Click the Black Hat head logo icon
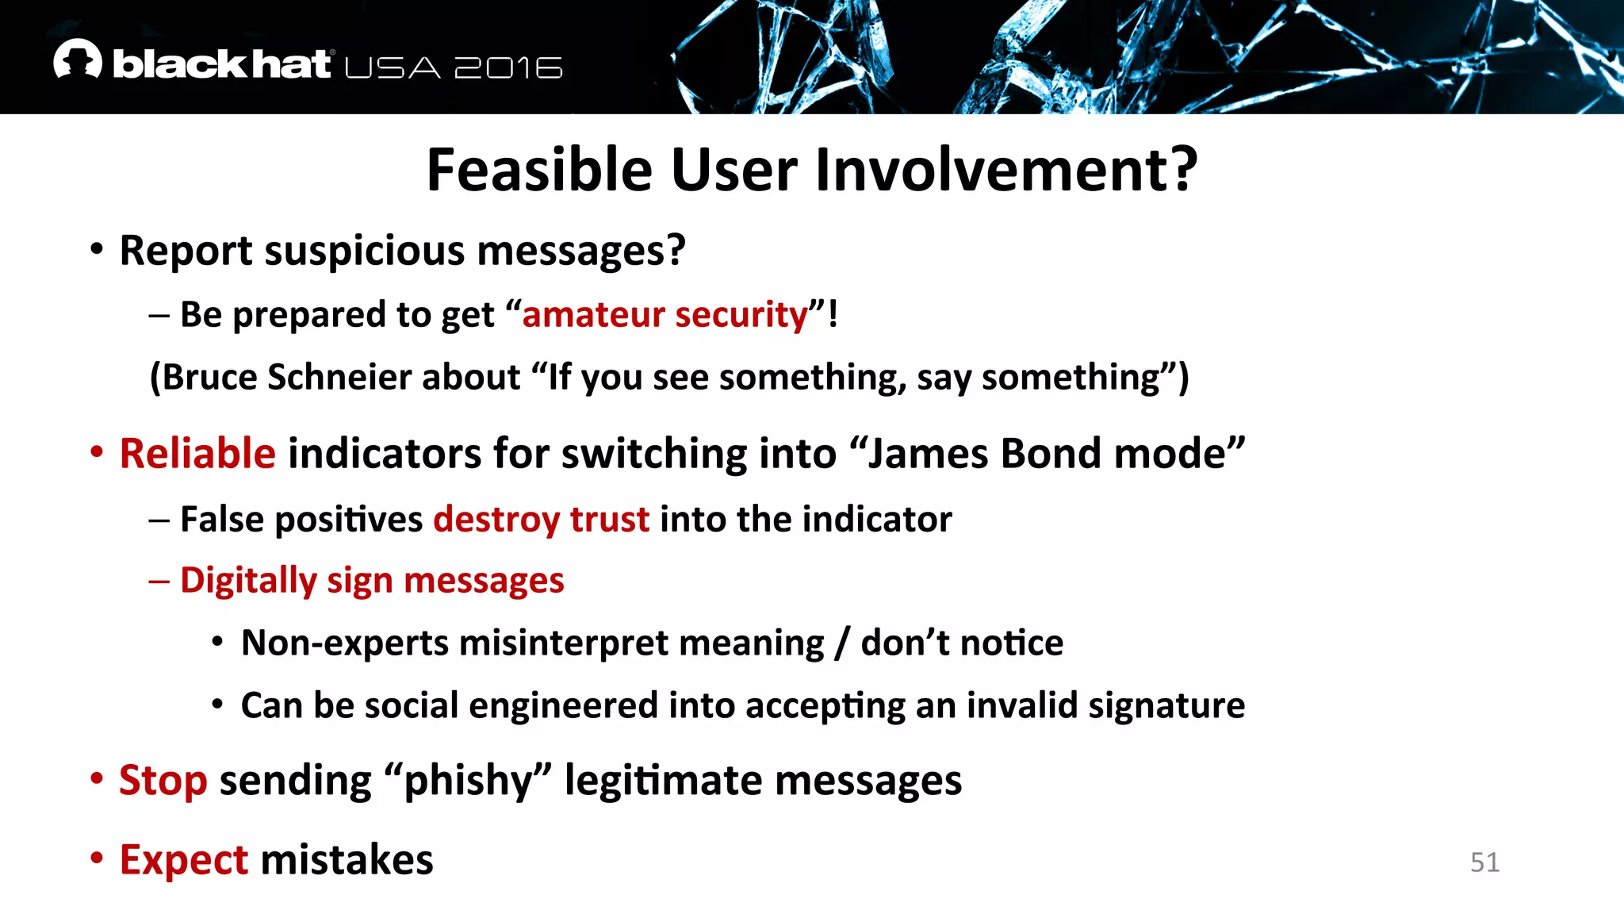(x=78, y=60)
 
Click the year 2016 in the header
(x=508, y=68)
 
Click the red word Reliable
(x=197, y=454)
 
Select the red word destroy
(x=496, y=520)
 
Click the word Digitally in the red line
(x=248, y=581)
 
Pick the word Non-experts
(x=344, y=643)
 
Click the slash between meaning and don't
(x=842, y=643)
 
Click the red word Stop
(x=163, y=781)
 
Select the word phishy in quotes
(x=467, y=781)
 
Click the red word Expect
(x=184, y=860)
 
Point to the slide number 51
(x=1484, y=862)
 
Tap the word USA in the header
(x=393, y=68)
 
